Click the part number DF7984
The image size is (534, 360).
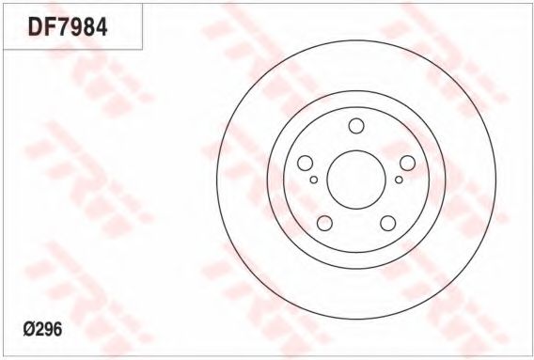click(x=68, y=27)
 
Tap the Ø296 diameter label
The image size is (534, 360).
click(x=42, y=329)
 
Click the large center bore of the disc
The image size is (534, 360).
click(x=356, y=180)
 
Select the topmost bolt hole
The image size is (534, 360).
click(x=356, y=126)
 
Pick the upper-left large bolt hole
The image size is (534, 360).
click(x=306, y=164)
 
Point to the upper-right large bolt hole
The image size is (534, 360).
click(x=407, y=164)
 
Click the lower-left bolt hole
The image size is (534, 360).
click(x=324, y=223)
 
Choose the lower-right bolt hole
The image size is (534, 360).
click(x=388, y=223)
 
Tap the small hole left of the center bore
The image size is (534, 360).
click(x=314, y=180)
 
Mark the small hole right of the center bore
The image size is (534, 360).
click(x=399, y=180)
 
